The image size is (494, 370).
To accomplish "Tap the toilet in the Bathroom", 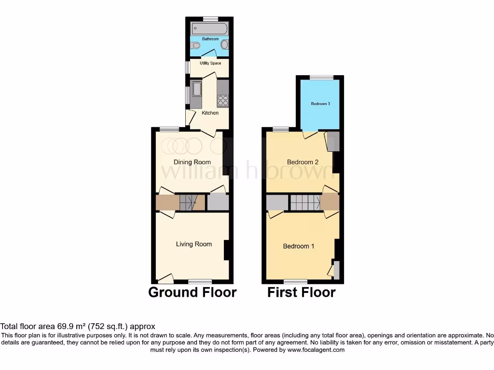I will point(195,46).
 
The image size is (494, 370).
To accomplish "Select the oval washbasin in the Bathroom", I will point(224,45).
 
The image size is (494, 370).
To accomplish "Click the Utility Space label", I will point(210,63).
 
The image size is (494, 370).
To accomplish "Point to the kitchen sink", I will point(197,89).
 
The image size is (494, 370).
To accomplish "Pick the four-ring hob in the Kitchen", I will point(223,100).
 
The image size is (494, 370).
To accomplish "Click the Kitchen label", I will point(210,113).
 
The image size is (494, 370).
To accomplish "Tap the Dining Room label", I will point(192,162).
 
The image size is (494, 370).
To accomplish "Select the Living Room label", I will point(193,244).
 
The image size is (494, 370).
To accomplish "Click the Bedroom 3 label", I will point(320,104).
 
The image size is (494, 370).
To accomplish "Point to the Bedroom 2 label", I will point(302,162).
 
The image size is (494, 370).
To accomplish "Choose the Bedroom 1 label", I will point(298,246).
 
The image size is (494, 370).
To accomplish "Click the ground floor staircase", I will point(189,202).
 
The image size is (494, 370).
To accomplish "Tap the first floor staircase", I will point(305,202).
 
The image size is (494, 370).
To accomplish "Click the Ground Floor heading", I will point(192,292).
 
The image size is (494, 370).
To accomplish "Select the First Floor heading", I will point(302,292).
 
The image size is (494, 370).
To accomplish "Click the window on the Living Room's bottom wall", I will point(200,281).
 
